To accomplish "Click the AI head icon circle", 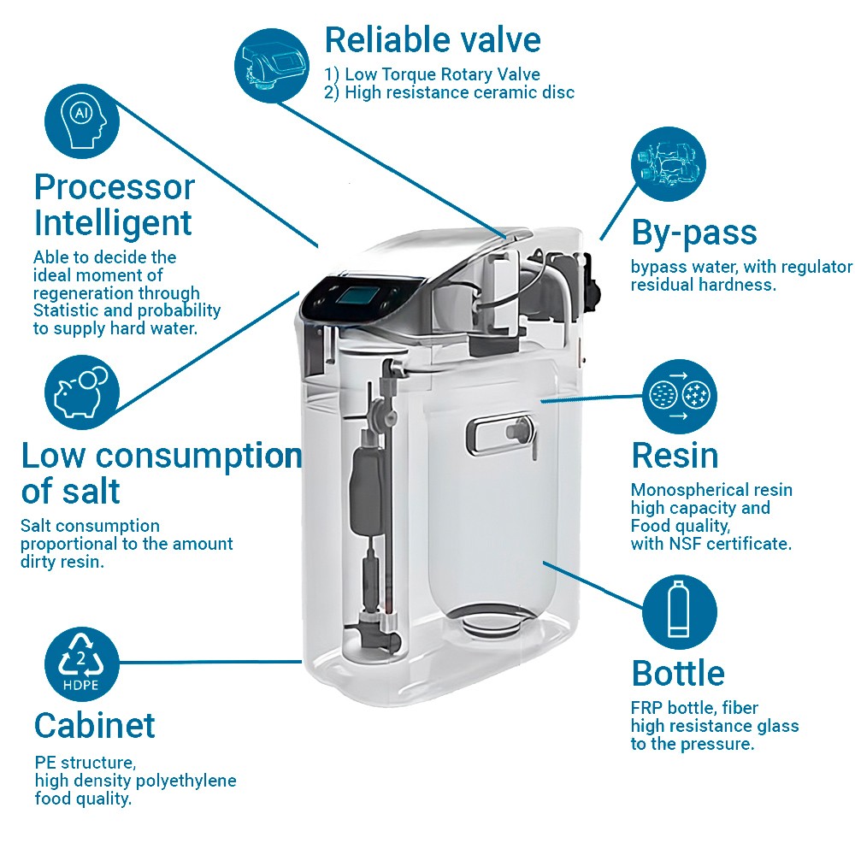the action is coord(82,121).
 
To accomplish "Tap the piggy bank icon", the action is coord(82,392).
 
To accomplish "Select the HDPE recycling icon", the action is coord(82,663).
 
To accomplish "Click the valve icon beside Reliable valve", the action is coord(272,66).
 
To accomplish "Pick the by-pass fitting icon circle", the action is coord(669,164).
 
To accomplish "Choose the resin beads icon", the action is coord(680,397).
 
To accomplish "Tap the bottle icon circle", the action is coord(680,612).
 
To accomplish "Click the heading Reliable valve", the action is coord(433,40).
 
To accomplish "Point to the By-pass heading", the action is coord(694,233).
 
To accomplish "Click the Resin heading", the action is coord(675,456).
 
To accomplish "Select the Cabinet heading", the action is coord(95,725).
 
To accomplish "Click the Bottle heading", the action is coord(678,673).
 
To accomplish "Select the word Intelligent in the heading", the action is coord(113,223).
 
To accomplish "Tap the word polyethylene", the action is coord(185,781).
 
